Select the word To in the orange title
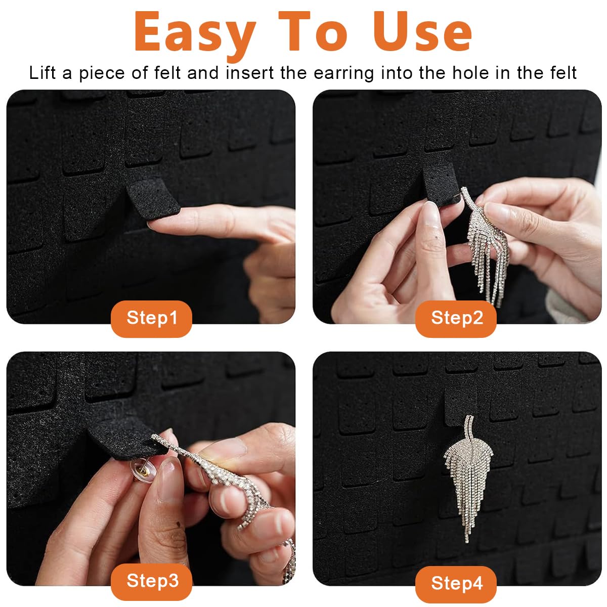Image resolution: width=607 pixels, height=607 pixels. [x=314, y=31]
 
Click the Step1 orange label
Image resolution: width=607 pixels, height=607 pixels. [x=151, y=319]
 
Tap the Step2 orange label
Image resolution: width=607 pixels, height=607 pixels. [x=456, y=319]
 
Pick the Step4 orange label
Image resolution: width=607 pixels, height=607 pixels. [x=456, y=584]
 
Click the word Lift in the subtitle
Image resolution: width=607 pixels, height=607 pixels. [x=42, y=73]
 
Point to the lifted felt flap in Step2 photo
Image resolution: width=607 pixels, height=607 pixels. [x=441, y=186]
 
